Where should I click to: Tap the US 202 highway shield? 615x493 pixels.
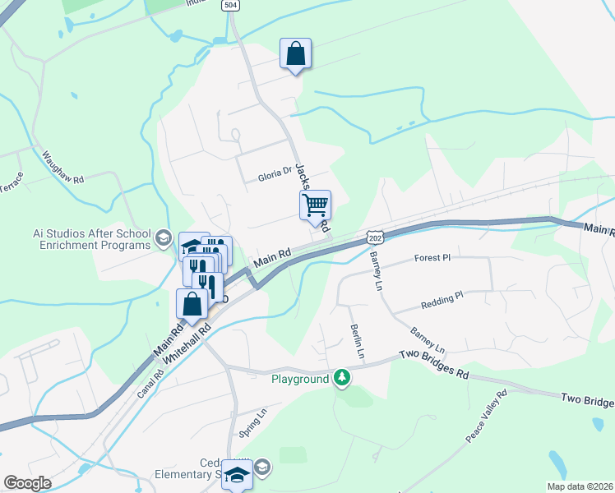[374, 237]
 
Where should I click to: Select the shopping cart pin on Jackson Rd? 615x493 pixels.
[315, 205]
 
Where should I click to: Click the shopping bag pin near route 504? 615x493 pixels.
[295, 54]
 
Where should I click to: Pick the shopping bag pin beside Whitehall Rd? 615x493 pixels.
[192, 304]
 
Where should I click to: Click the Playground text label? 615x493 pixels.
[300, 379]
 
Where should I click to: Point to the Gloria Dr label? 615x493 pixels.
[275, 175]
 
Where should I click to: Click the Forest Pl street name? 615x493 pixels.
[433, 257]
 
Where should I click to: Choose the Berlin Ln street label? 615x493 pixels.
[357, 339]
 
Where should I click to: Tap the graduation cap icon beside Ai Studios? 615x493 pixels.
[163, 239]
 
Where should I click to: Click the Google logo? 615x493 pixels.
[27, 483]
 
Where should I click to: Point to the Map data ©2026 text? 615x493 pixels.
[579, 486]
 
